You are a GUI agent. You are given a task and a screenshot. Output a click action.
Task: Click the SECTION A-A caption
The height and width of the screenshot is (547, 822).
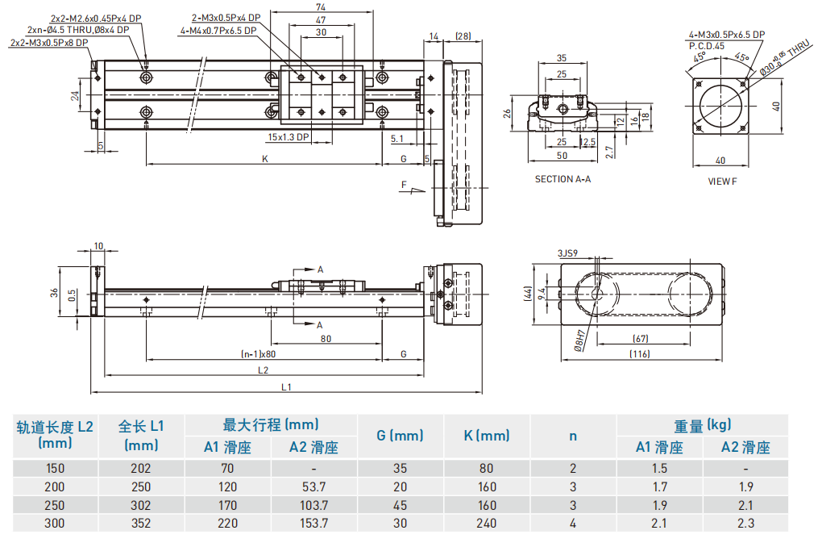pyautogui.click(x=563, y=179)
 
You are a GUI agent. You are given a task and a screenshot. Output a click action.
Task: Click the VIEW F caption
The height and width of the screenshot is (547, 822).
pyautogui.click(x=722, y=181)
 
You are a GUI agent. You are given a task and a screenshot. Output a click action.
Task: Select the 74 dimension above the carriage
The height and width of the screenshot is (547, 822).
pyautogui.click(x=321, y=6)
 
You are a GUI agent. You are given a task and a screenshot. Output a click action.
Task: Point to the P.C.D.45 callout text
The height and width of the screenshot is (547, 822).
pyautogui.click(x=707, y=46)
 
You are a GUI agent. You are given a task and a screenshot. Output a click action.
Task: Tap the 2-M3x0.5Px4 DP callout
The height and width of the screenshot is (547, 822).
pyautogui.click(x=226, y=18)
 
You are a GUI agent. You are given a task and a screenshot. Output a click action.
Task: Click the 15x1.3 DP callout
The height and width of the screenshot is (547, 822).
pyautogui.click(x=289, y=137)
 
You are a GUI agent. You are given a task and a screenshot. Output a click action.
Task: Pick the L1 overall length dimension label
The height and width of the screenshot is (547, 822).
pyautogui.click(x=286, y=387)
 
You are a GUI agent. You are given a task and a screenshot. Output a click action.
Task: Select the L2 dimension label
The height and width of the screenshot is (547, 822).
pyautogui.click(x=264, y=370)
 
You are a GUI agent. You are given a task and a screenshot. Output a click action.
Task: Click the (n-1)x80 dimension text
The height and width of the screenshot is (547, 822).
pyautogui.click(x=259, y=354)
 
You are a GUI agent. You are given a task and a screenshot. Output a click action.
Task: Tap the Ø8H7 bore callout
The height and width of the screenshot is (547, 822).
pyautogui.click(x=579, y=340)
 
